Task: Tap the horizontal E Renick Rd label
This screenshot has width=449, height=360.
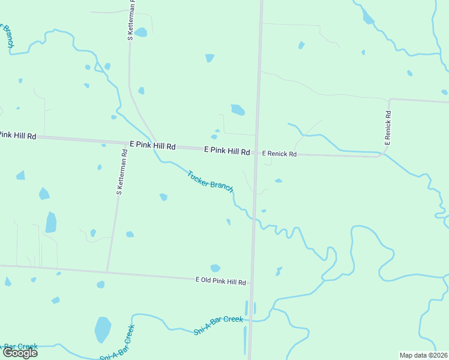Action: pyautogui.click(x=279, y=154)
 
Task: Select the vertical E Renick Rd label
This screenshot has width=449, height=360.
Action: pyautogui.click(x=388, y=128)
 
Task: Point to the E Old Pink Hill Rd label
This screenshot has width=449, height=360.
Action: pyautogui.click(x=221, y=281)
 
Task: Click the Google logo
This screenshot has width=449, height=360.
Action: pyautogui.click(x=20, y=352)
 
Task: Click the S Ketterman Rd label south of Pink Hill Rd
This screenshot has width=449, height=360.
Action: pyautogui.click(x=122, y=172)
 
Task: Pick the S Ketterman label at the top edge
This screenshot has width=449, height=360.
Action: pyautogui.click(x=131, y=21)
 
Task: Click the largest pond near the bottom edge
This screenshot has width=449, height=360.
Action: pyautogui.click(x=103, y=329)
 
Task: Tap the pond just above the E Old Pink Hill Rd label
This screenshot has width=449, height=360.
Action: pyautogui.click(x=215, y=268)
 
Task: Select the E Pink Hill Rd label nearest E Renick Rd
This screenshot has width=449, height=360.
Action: pyautogui.click(x=227, y=151)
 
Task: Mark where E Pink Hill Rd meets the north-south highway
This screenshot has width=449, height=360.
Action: pyautogui.click(x=256, y=152)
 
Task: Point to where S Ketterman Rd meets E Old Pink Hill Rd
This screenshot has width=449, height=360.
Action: pyautogui.click(x=107, y=270)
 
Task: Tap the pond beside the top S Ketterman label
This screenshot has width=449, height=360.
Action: pyautogui.click(x=140, y=32)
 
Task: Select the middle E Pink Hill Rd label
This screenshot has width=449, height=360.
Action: pyautogui.click(x=152, y=146)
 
